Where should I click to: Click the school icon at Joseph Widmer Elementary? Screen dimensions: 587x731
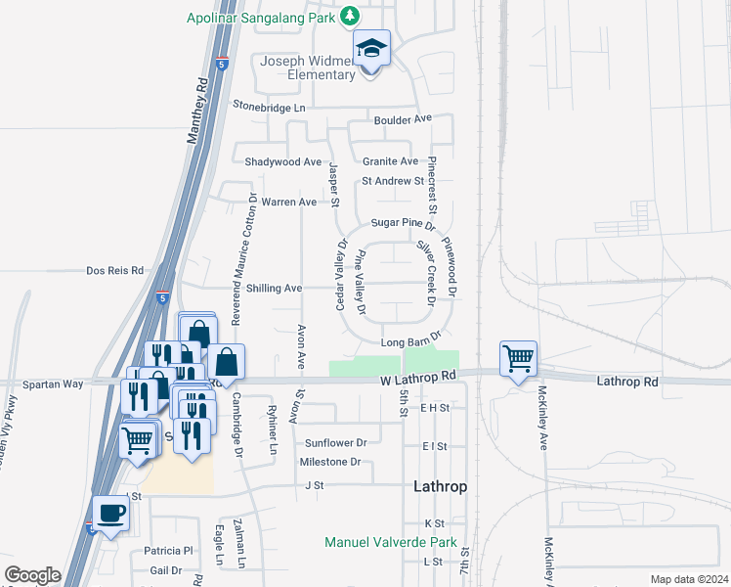[371, 49]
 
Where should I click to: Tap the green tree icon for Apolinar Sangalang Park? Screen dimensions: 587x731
[350, 16]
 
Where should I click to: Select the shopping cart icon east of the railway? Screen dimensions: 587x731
[517, 358]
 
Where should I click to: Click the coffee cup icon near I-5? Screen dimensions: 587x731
[110, 513]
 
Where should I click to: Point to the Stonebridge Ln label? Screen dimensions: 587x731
[269, 106]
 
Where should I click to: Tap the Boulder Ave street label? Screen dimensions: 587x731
[403, 118]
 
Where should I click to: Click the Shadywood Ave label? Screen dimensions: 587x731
[283, 161]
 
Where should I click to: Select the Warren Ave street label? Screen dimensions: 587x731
[293, 202]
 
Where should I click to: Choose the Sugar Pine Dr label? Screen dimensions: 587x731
[402, 223]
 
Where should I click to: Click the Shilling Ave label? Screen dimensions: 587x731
[274, 289]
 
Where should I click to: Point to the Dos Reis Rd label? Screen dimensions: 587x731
[115, 270]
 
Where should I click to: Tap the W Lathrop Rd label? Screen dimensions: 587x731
[419, 375]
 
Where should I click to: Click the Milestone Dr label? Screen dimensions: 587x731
[330, 461]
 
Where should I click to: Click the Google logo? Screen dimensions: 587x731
[32, 575]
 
